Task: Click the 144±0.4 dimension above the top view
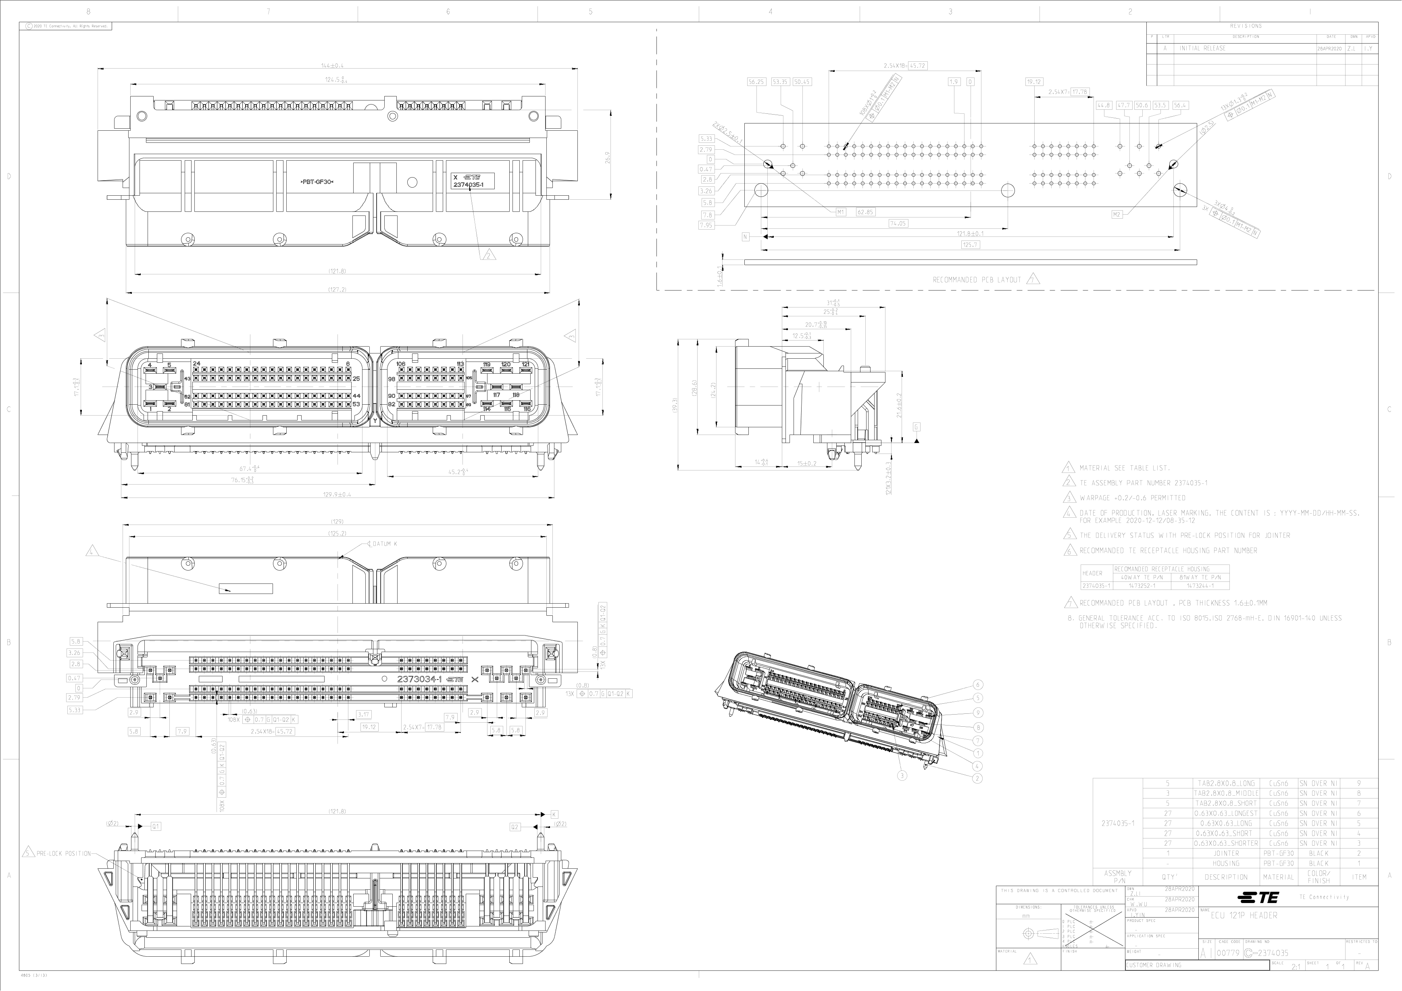point(336,65)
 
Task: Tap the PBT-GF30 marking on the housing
point(317,182)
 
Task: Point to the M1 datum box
point(840,212)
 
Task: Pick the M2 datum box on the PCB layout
point(1117,214)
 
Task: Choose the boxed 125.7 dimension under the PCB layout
point(970,245)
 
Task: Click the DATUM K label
point(384,543)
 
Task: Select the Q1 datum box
point(156,826)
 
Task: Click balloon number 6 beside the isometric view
point(978,685)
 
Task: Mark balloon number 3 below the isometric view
point(902,775)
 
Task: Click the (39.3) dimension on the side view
point(675,405)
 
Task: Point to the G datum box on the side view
point(917,427)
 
